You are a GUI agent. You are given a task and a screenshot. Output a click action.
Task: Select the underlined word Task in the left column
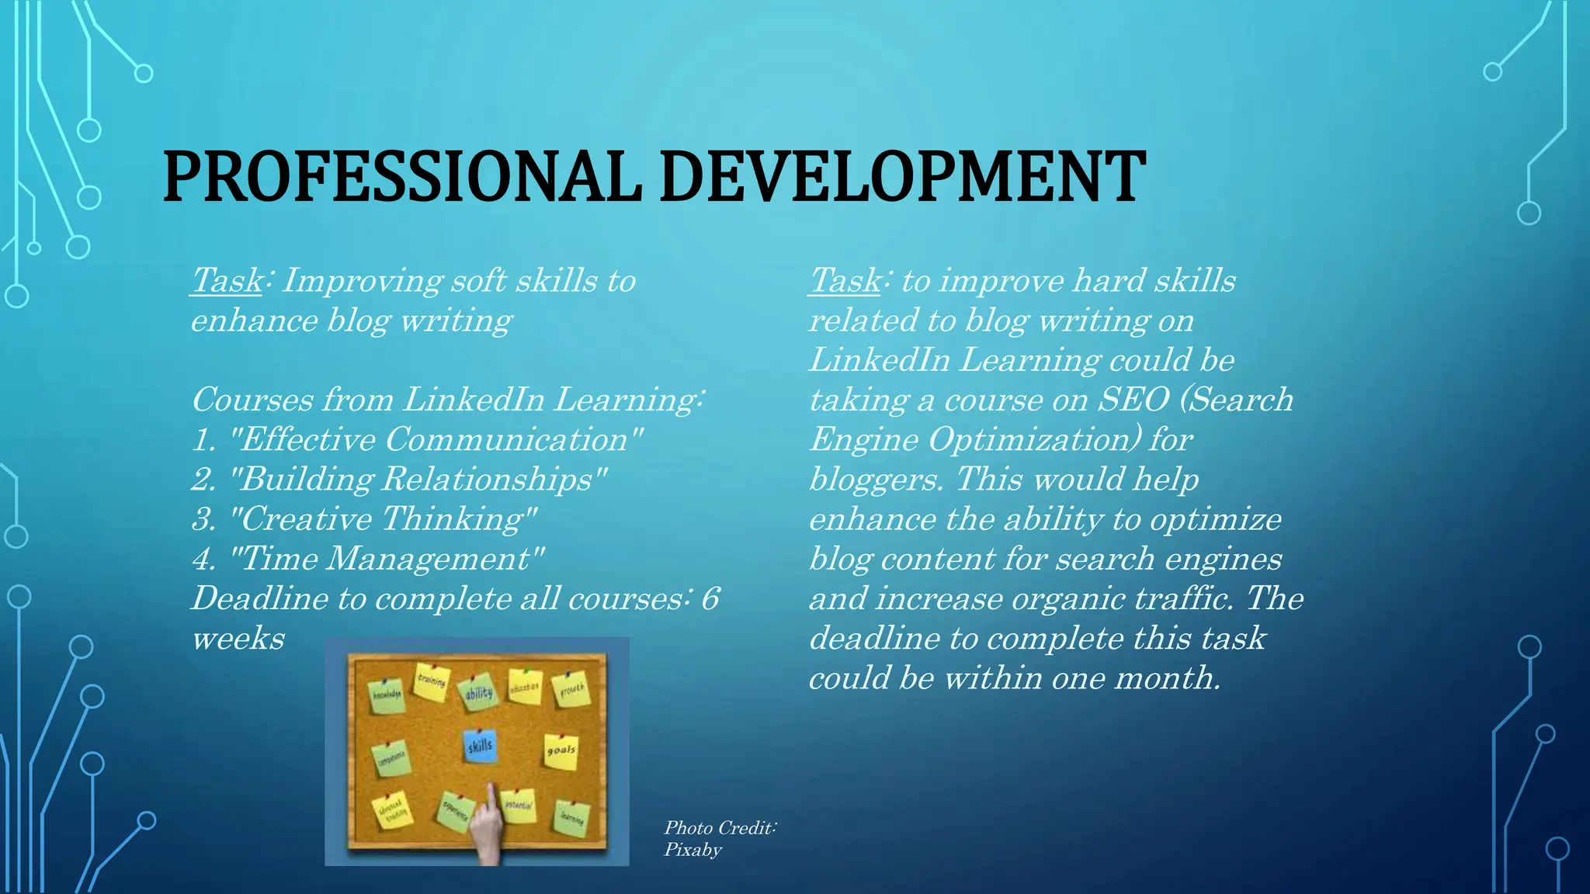pyautogui.click(x=227, y=281)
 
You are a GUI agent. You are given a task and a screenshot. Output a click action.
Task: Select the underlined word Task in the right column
pyautogui.click(x=845, y=281)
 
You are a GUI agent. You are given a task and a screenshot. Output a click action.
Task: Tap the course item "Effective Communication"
pyautogui.click(x=436, y=440)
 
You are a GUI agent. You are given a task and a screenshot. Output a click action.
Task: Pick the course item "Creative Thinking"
pyautogui.click(x=384, y=519)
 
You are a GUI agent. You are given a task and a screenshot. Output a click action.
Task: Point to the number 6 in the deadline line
pyautogui.click(x=710, y=598)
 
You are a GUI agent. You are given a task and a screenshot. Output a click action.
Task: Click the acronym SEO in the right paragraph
pyautogui.click(x=1133, y=400)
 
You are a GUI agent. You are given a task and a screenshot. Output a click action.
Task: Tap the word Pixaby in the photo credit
pyautogui.click(x=693, y=850)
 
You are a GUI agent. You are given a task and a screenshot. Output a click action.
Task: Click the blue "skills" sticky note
pyautogui.click(x=479, y=747)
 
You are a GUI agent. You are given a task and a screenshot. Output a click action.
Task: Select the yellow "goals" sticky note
pyautogui.click(x=561, y=750)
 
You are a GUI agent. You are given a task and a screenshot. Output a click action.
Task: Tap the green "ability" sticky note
pyautogui.click(x=478, y=691)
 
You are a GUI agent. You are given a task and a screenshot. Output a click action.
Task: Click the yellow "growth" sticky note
pyautogui.click(x=571, y=688)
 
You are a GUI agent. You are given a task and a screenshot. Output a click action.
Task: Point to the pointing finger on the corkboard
pyautogui.click(x=488, y=823)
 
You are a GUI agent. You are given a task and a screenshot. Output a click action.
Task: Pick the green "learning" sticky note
pyautogui.click(x=572, y=818)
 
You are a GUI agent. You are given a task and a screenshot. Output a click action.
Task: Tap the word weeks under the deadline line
pyautogui.click(x=238, y=639)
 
